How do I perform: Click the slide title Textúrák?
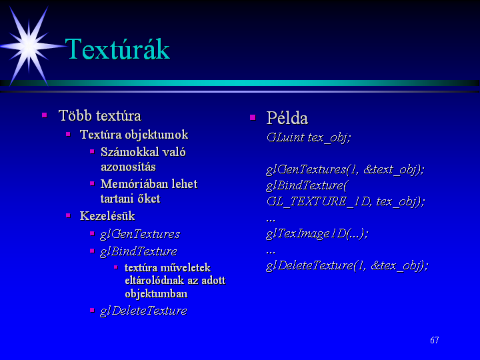tap(117, 49)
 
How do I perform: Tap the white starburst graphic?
tap(29, 46)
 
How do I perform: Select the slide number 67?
tap(435, 340)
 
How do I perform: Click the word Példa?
tap(287, 118)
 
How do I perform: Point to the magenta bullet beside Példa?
tap(253, 117)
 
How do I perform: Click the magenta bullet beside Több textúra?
tap(45, 115)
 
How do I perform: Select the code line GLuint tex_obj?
tap(308, 137)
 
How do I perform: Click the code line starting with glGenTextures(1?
tap(345, 169)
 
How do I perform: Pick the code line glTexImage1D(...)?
tap(317, 233)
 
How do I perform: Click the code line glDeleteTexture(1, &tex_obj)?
tap(347, 265)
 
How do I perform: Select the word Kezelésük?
tap(107, 216)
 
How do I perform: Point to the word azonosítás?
tap(128, 167)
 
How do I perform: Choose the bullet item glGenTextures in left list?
tap(140, 234)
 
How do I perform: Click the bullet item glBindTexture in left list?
tap(139, 251)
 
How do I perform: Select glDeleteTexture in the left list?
tap(143, 311)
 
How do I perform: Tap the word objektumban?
tap(156, 293)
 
